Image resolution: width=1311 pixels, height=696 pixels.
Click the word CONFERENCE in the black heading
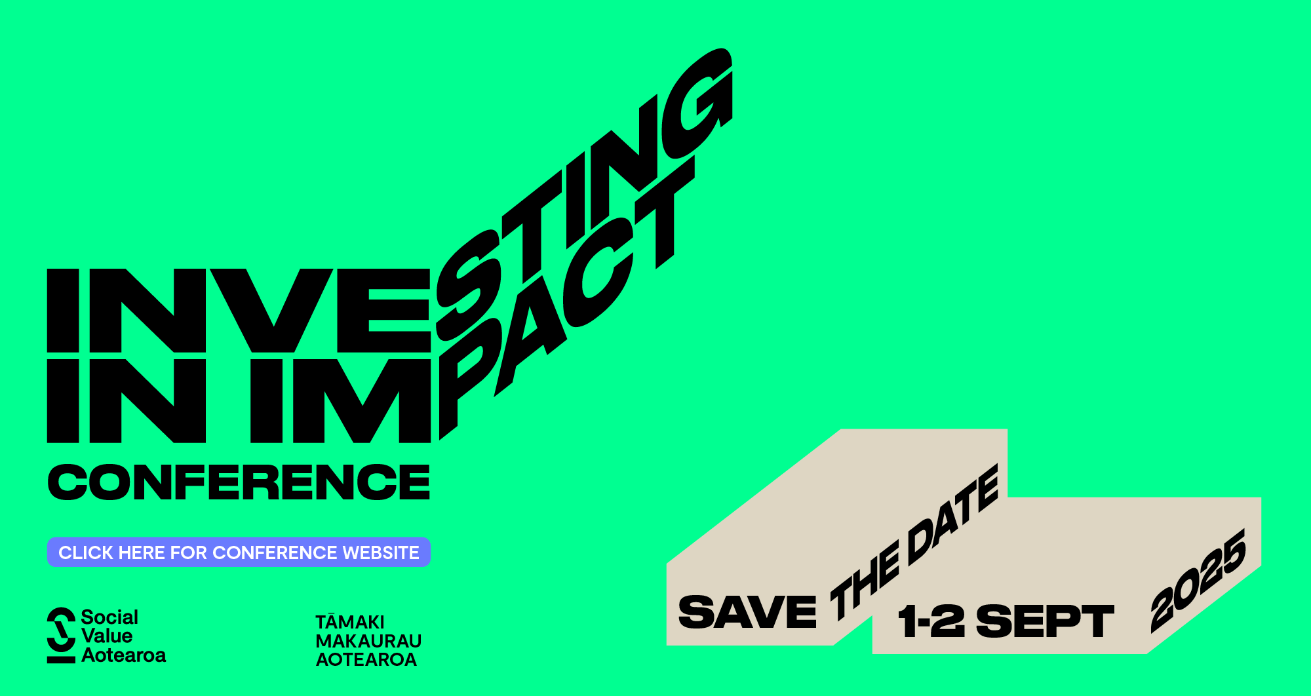click(x=239, y=482)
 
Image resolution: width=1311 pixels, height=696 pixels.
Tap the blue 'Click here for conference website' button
click(x=239, y=552)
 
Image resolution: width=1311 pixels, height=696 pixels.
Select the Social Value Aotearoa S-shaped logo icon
click(x=61, y=635)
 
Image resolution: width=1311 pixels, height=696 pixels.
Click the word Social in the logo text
click(x=109, y=617)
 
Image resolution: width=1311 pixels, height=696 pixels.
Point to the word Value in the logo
click(x=107, y=636)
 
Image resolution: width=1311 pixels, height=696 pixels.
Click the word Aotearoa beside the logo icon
click(x=124, y=655)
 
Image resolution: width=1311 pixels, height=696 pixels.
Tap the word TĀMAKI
click(x=350, y=621)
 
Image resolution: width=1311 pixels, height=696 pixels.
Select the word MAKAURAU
click(x=368, y=640)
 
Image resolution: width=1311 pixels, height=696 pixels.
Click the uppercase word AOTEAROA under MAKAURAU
click(x=366, y=659)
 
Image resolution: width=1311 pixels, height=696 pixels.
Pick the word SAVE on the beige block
click(x=747, y=612)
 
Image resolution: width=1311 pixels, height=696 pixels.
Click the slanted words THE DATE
click(x=914, y=543)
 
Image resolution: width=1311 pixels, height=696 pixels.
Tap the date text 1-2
click(x=931, y=621)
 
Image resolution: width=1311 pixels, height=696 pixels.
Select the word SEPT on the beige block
click(x=1045, y=621)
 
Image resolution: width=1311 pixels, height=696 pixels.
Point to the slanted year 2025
click(x=1199, y=581)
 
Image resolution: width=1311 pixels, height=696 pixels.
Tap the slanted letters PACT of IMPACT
click(x=567, y=298)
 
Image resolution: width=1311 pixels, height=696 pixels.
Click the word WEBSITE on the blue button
click(x=381, y=552)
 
